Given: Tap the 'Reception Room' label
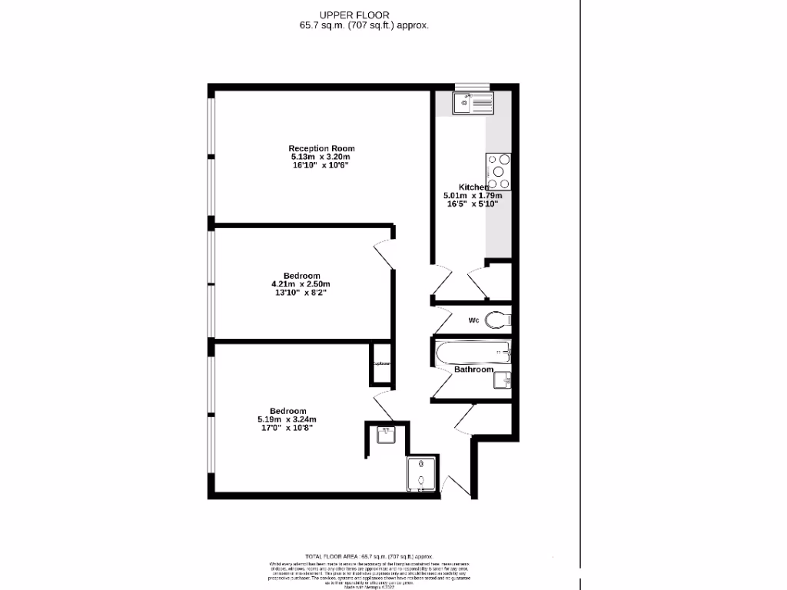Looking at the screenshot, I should (x=321, y=148).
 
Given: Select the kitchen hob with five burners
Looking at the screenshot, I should (x=497, y=171).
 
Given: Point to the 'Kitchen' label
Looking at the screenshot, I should (x=473, y=187).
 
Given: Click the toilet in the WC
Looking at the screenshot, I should (x=498, y=320).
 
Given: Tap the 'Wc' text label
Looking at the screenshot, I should (x=474, y=320).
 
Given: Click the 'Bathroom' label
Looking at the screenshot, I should (x=473, y=370).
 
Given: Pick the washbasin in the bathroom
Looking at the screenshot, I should (x=503, y=380).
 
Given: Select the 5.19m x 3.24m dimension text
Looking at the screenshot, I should (x=288, y=419).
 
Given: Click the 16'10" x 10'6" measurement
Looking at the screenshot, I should (x=321, y=165).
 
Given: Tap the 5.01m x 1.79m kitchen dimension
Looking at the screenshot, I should (x=473, y=196).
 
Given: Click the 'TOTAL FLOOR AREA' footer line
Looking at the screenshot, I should (x=371, y=556).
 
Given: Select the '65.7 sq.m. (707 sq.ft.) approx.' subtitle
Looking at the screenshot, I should (x=364, y=25).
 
